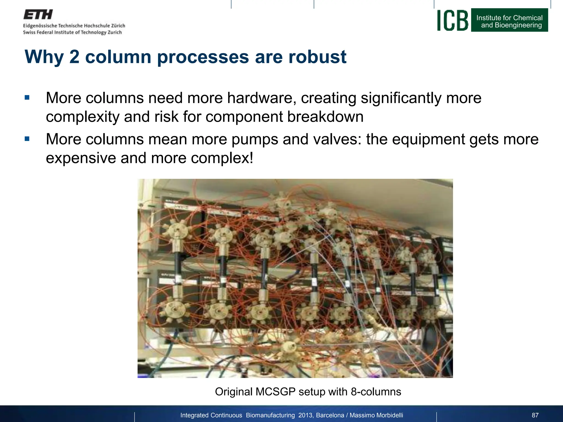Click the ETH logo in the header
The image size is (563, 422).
click(x=38, y=15)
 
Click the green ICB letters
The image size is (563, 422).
click(x=452, y=20)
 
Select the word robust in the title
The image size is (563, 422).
click(x=317, y=57)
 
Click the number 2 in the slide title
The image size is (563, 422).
click(x=74, y=57)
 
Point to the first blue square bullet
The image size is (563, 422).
click(x=27, y=98)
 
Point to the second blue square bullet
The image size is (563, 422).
click(x=27, y=139)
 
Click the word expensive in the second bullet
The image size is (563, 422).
click(x=81, y=158)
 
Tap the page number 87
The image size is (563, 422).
click(x=535, y=415)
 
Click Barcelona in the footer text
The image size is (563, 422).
click(x=330, y=415)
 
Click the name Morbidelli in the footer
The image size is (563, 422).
click(x=390, y=415)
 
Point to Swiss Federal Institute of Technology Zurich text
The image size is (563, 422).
click(x=72, y=32)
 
